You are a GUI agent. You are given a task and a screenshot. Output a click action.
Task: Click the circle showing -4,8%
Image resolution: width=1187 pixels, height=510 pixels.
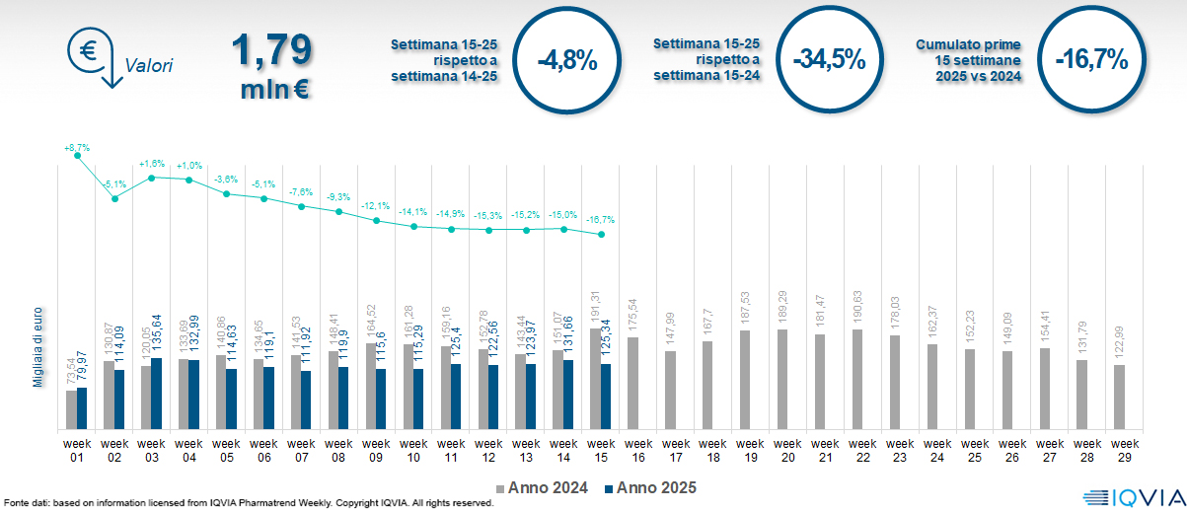click(567, 60)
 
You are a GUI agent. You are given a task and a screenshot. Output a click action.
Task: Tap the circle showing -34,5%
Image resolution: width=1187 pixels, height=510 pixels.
click(829, 60)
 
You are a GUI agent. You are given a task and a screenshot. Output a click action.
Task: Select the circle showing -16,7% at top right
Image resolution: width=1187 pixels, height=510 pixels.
click(1090, 60)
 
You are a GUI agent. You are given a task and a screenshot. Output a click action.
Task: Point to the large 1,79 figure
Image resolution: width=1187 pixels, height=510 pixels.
click(272, 50)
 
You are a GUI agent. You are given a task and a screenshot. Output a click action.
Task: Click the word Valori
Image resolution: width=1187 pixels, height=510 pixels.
click(149, 67)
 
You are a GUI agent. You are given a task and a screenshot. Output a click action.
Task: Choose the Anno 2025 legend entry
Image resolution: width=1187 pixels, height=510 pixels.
click(649, 487)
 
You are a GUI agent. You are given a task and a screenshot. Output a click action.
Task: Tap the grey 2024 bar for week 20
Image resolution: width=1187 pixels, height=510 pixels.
click(782, 380)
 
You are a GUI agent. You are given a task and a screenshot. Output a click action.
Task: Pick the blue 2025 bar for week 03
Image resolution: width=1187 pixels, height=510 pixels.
click(156, 394)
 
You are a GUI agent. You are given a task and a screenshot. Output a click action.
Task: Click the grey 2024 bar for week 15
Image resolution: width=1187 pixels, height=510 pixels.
click(595, 379)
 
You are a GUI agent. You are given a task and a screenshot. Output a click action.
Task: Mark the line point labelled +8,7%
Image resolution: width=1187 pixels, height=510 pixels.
click(77, 156)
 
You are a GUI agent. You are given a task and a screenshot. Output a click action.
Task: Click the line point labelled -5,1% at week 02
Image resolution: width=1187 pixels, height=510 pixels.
click(114, 199)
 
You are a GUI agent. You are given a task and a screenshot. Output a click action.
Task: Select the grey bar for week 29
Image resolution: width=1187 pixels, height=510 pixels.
click(1120, 398)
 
